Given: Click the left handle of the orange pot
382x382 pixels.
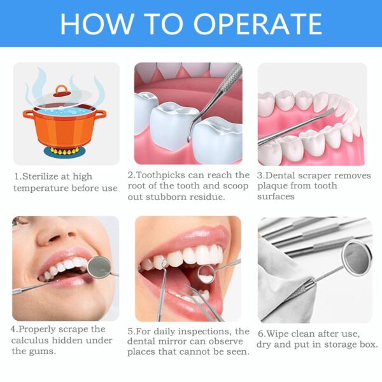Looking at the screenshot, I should coord(28,115).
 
